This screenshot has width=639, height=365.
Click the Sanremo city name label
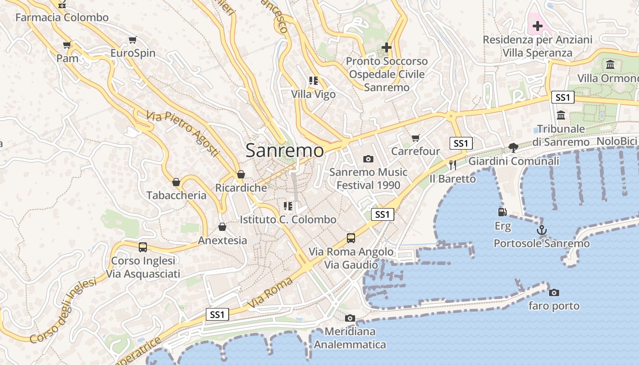[285, 151]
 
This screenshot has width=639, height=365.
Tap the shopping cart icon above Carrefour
[415, 138]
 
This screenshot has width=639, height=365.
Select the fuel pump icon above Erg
[502, 212]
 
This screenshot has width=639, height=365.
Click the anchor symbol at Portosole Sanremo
[541, 229]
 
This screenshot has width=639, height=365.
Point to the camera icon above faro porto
[554, 292]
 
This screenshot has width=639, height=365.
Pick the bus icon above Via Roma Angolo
[351, 238]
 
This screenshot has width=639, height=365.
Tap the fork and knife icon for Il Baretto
[453, 165]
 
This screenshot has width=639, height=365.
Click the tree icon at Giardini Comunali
[513, 147]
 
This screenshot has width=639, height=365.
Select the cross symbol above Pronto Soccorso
[387, 47]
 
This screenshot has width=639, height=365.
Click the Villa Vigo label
[313, 94]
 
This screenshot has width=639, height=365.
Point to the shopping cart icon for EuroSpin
[133, 40]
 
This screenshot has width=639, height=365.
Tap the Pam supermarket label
[68, 58]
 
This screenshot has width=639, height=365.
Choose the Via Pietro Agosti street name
[183, 134]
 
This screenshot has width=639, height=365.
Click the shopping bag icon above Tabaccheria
[176, 182]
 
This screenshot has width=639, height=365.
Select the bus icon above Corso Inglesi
[143, 247]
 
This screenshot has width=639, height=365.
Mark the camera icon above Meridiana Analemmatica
[350, 318]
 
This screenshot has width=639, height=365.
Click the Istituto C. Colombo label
[288, 219]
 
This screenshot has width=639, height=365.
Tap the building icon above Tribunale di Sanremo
[561, 115]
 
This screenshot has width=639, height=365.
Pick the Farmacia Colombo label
[62, 18]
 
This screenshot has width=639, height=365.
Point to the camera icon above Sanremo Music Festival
[368, 159]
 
